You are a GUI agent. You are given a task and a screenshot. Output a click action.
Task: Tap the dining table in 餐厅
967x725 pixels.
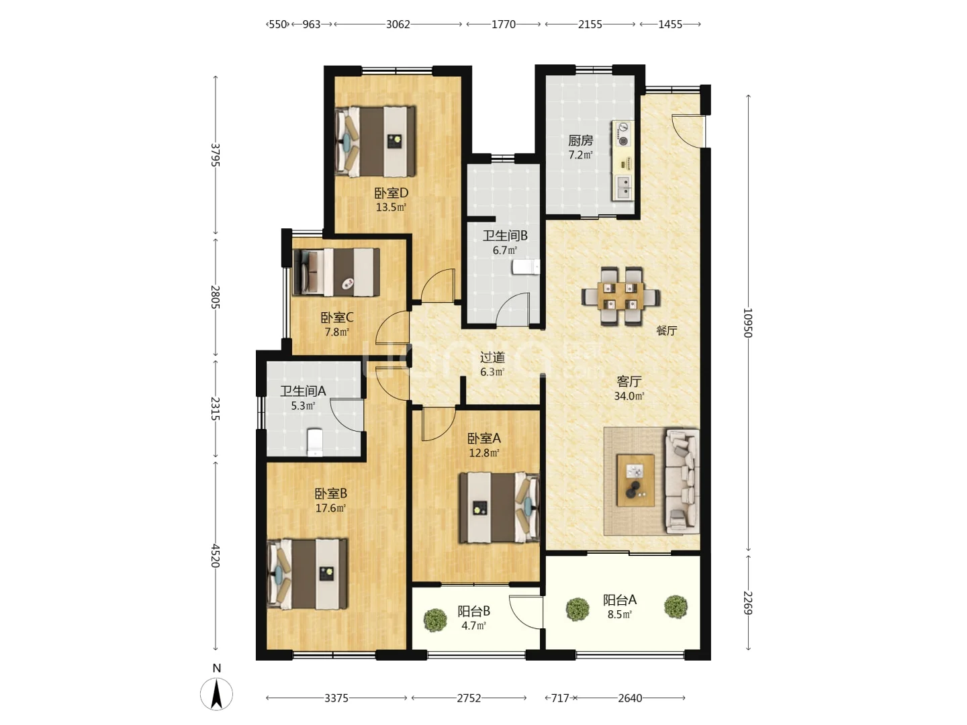point(620,296)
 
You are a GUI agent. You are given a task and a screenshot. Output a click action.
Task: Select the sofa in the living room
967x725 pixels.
point(682,481)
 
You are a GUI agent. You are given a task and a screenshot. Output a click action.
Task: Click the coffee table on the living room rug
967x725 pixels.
point(635,480)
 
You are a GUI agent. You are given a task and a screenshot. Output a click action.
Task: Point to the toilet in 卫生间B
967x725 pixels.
point(526,267)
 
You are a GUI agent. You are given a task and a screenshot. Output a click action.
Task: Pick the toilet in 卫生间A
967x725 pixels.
point(314,442)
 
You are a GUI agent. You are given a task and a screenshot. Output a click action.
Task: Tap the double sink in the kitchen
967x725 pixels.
point(623,187)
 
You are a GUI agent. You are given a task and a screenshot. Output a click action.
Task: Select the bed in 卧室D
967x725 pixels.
point(375,141)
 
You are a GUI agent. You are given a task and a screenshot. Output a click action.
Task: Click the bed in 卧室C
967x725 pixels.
point(336,272)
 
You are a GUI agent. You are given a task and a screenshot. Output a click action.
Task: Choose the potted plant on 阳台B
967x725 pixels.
point(435,620)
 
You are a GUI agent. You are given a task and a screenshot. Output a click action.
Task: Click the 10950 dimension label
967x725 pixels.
point(747,323)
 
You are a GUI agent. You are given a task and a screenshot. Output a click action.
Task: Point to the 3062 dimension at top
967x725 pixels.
point(398,24)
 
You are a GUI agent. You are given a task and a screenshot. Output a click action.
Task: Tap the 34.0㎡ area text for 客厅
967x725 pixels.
point(629,396)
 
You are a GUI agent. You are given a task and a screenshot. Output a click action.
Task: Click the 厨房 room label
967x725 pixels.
point(580,140)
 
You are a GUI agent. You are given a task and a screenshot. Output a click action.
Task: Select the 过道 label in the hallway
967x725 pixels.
point(492,357)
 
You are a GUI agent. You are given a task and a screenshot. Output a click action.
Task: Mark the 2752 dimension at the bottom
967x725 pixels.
point(469,698)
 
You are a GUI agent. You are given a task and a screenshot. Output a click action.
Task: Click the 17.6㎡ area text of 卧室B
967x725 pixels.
point(330,508)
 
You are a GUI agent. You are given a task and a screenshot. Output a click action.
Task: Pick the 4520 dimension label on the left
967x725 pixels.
point(215,556)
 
